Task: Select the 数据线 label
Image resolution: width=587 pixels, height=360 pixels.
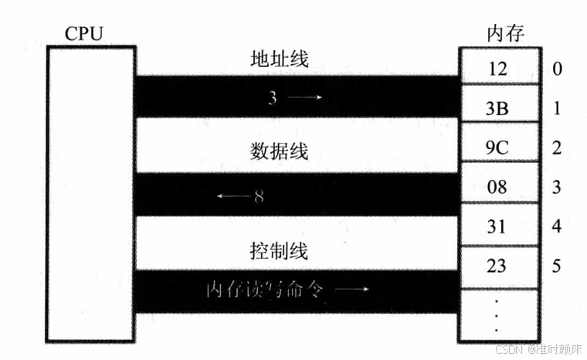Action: coord(280,151)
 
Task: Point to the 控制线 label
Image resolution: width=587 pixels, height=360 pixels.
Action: coord(280,251)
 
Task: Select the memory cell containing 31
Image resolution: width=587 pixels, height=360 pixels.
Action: coord(497,227)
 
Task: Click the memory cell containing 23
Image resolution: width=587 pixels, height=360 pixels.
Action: coord(497,267)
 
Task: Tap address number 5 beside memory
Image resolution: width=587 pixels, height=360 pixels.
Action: coord(557,267)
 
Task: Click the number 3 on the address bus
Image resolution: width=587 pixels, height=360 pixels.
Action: coord(273,98)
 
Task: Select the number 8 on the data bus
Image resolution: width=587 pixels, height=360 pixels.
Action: coord(259,196)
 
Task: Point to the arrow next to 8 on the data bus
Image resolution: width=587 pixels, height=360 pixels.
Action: coord(232,196)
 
